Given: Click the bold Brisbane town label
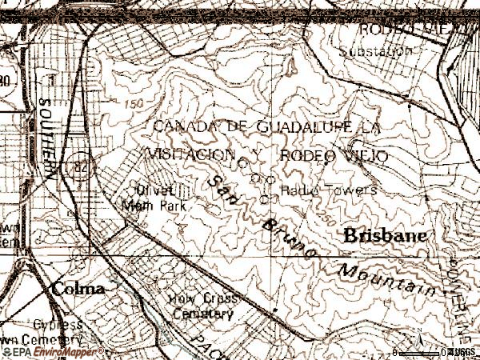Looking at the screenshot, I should pos(385,236).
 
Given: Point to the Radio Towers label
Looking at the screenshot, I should pos(328,190).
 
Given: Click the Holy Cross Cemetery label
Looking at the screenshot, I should pos(201,306).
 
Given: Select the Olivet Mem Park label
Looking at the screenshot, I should pos(153,198).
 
